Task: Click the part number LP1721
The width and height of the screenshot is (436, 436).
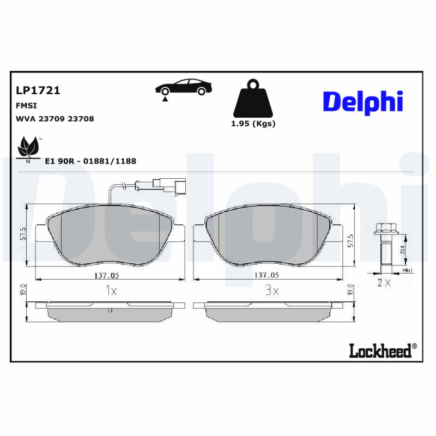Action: click(x=38, y=90)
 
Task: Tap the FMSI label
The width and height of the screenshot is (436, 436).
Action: click(x=27, y=106)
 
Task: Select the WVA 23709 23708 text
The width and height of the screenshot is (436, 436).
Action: click(x=55, y=119)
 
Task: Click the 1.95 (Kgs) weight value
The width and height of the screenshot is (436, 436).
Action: click(x=253, y=124)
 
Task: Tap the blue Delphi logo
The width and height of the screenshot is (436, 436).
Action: click(x=362, y=102)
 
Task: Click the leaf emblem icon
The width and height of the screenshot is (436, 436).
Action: click(x=28, y=147)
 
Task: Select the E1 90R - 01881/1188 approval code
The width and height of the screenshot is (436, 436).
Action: click(x=90, y=161)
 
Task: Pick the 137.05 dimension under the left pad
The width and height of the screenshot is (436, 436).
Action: click(x=105, y=276)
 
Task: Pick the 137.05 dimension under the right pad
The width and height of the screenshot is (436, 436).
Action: click(x=267, y=276)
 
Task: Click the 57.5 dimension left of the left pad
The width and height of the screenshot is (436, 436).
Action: click(x=23, y=235)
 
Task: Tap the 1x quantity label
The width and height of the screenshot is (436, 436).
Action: click(x=111, y=292)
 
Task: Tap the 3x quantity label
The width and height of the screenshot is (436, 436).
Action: click(x=272, y=292)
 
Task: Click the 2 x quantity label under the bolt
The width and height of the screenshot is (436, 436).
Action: click(x=384, y=283)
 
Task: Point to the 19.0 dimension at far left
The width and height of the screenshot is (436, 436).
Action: click(x=23, y=289)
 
